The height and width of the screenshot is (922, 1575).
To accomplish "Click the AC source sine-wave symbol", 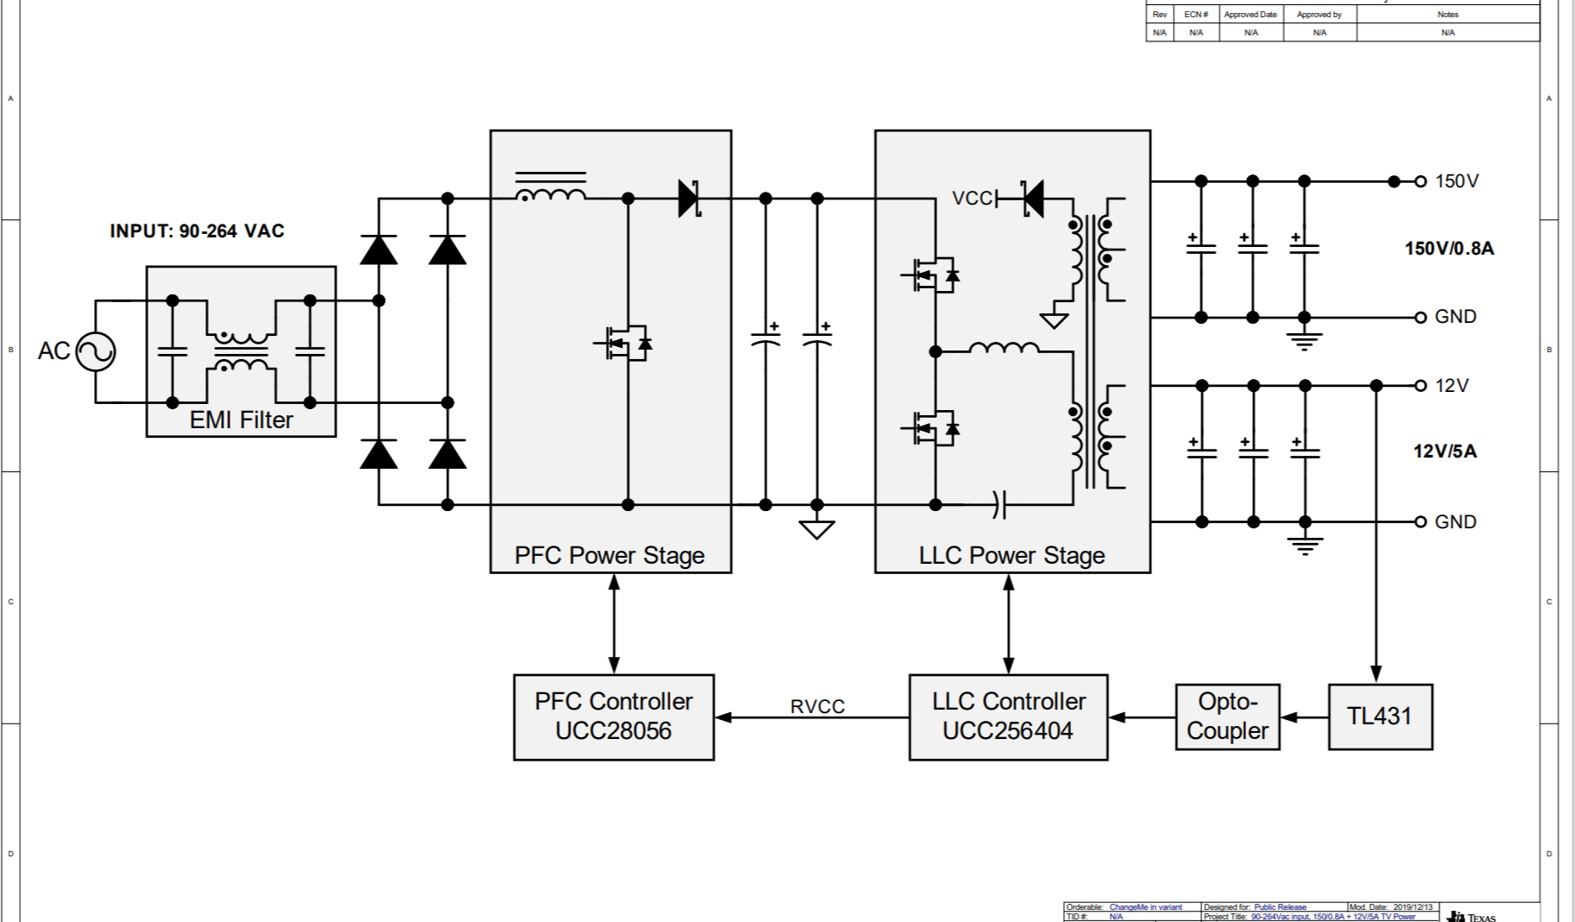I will (x=95, y=351).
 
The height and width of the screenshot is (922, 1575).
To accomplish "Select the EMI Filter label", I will (x=241, y=420).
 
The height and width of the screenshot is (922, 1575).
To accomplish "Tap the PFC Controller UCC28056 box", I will (x=614, y=717).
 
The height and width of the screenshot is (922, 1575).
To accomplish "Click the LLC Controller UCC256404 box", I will (x=1008, y=717).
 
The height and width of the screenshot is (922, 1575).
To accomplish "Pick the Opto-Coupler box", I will (x=1227, y=717).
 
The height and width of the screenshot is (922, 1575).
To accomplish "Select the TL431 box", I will (x=1380, y=717).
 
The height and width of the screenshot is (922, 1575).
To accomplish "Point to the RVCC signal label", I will (x=817, y=706).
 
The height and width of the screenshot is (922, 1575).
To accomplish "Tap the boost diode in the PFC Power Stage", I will (x=689, y=199).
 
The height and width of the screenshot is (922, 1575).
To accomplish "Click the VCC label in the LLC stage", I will (x=972, y=199).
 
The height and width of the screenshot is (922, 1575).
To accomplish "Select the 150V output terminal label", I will (x=1457, y=181).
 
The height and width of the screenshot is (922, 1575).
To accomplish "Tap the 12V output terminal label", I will (x=1452, y=386).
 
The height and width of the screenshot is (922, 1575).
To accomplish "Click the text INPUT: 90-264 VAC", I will (x=197, y=231).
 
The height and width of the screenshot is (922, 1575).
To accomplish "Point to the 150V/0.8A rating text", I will (x=1449, y=249).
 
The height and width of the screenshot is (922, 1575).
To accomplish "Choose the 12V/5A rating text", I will (x=1445, y=452).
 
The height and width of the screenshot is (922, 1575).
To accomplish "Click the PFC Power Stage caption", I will (x=609, y=555).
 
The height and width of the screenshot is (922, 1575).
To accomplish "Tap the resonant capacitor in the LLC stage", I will (x=999, y=504).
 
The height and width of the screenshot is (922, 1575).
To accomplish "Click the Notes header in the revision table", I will (x=1447, y=15).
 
